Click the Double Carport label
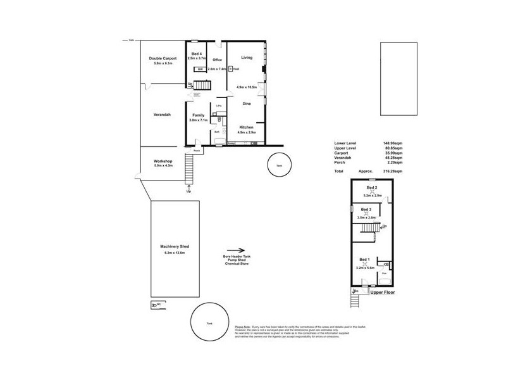click(163, 58)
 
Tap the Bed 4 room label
click(197, 54)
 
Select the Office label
click(217, 61)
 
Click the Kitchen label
click(246, 127)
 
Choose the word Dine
click(247, 103)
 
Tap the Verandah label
click(162, 115)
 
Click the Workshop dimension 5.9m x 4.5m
click(163, 167)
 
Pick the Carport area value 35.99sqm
click(391, 153)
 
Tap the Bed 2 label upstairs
click(372, 187)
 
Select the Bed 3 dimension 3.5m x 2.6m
click(366, 217)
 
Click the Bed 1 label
click(365, 260)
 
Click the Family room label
click(198, 115)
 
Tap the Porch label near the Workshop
click(197, 151)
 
